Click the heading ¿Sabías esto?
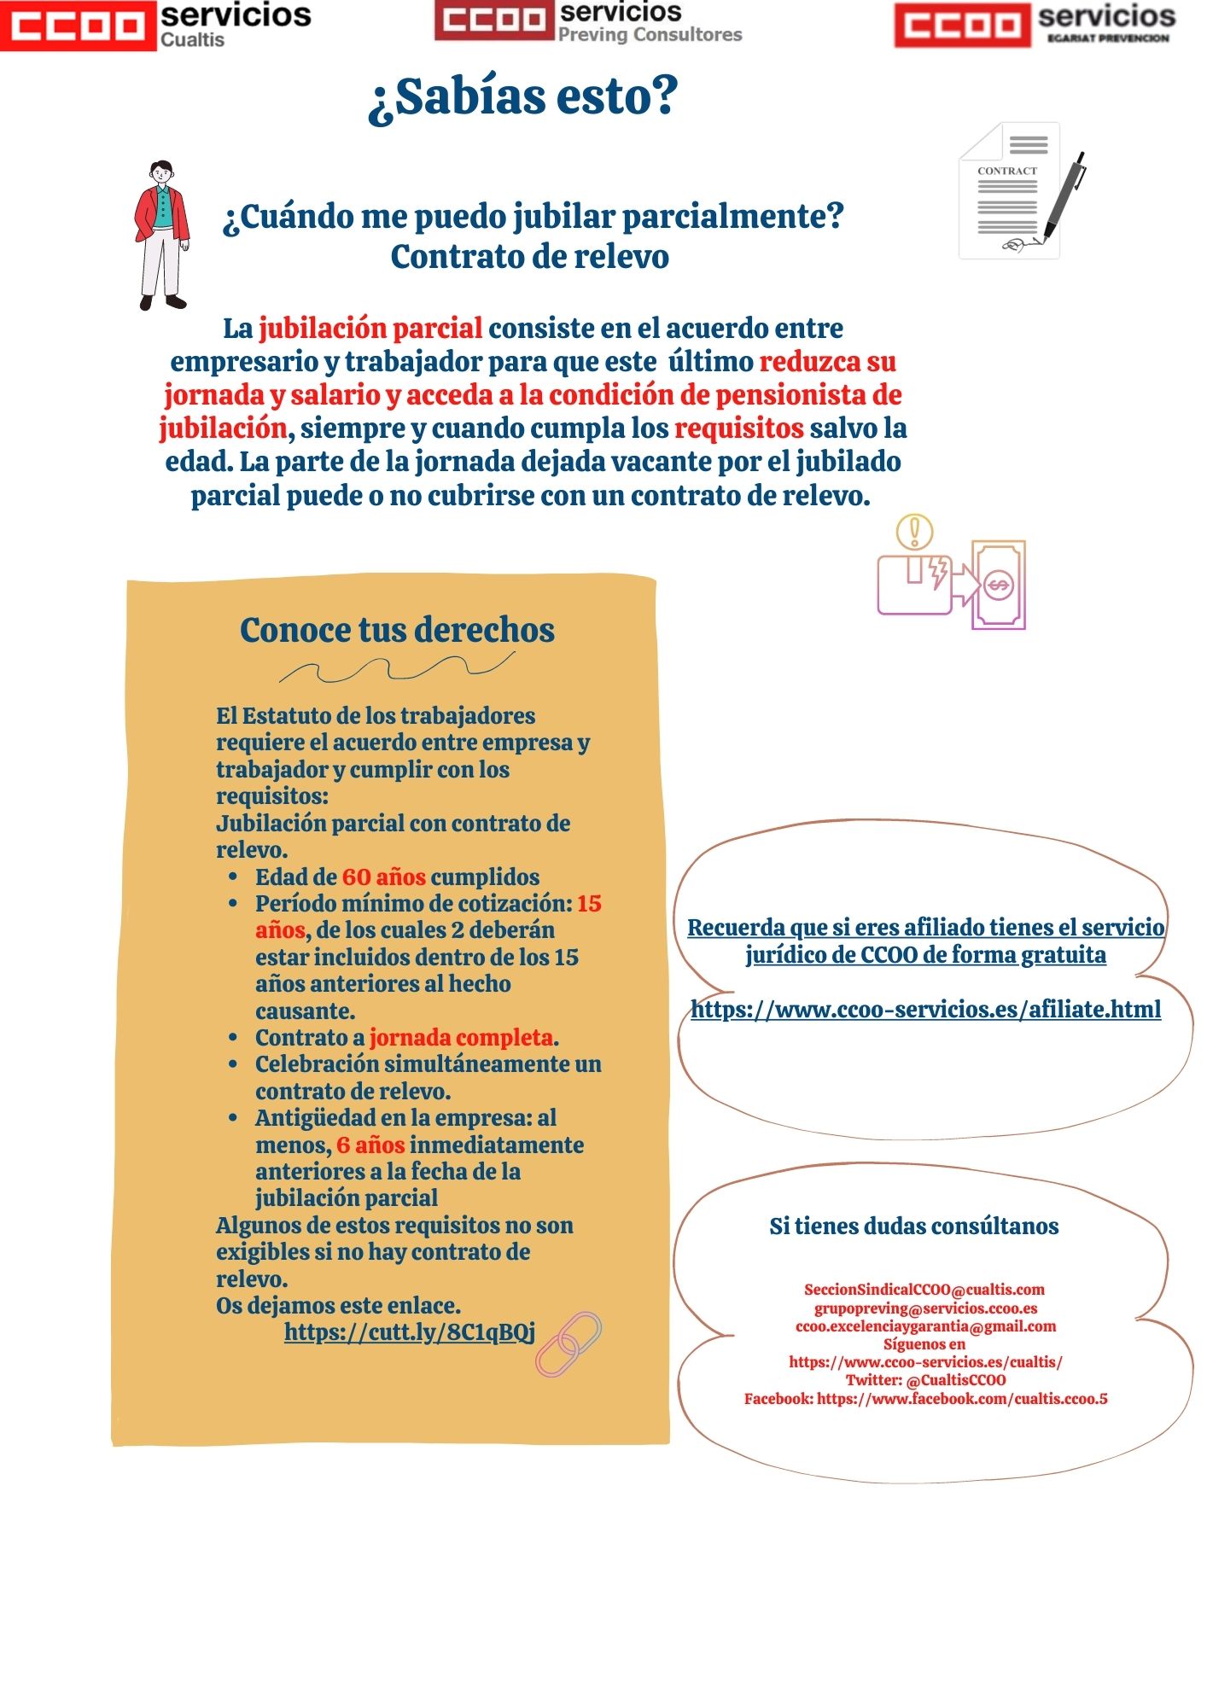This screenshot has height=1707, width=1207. [x=522, y=96]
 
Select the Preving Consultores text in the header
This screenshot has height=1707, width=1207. [x=650, y=35]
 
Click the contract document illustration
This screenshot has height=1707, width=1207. [x=1007, y=192]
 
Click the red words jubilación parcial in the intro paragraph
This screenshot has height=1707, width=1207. [x=370, y=329]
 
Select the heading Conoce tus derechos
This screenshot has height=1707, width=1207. [x=397, y=630]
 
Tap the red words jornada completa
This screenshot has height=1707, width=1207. [x=461, y=1038]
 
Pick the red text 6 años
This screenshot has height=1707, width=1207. [x=370, y=1145]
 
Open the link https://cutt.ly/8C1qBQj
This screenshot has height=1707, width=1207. [x=410, y=1332]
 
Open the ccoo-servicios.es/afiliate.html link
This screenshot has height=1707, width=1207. [x=925, y=1010]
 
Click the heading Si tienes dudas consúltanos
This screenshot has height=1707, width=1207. [x=913, y=1226]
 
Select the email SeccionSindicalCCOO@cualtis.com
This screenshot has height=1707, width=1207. [x=924, y=1290]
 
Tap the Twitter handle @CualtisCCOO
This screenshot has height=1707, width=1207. [x=955, y=1380]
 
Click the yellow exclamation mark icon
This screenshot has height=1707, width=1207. [x=914, y=531]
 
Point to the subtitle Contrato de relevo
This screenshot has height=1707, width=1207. [x=529, y=257]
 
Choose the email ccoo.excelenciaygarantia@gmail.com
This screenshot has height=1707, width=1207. [x=925, y=1326]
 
